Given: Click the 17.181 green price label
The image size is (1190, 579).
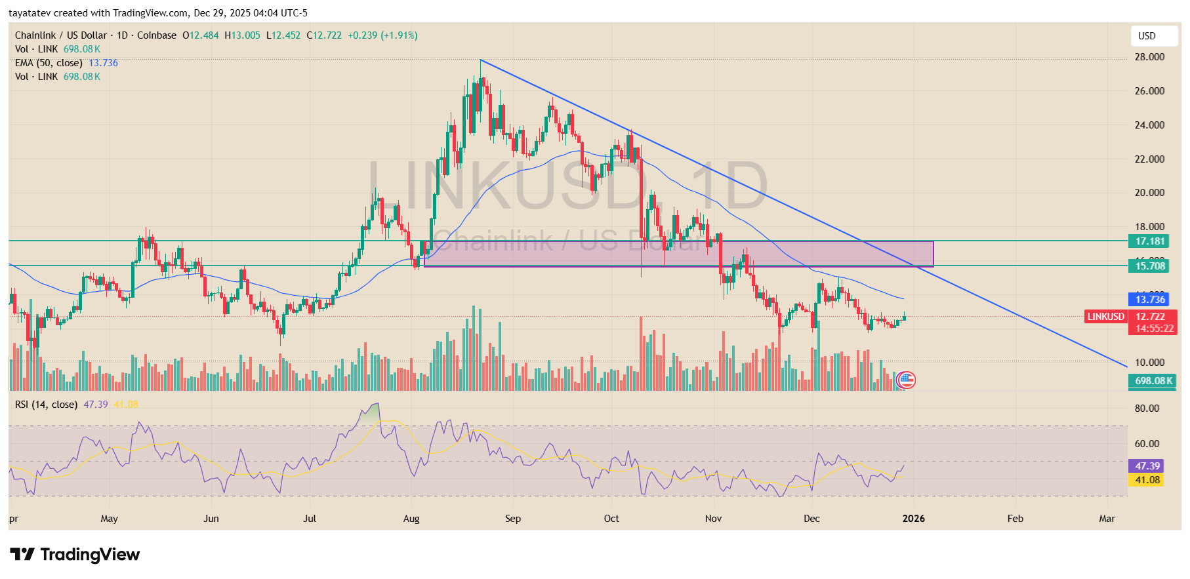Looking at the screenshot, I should [x=1150, y=241].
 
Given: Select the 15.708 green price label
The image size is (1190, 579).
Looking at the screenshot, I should [x=1150, y=266].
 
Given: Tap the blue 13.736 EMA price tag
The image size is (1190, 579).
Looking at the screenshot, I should [x=1150, y=300].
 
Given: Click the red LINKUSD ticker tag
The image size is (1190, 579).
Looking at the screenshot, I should [x=1105, y=317].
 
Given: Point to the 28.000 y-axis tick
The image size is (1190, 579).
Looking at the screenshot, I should [x=1149, y=57].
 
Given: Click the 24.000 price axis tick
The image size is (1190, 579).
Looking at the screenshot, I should [x=1149, y=125].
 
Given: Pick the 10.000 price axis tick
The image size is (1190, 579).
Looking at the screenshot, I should [x=1149, y=363].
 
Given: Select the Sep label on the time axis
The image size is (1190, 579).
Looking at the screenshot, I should [x=513, y=519].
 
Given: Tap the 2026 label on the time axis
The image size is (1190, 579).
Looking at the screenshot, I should [x=913, y=519].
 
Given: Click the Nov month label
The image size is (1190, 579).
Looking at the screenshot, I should [x=713, y=519].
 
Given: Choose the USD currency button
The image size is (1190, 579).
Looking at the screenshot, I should [x=1147, y=36].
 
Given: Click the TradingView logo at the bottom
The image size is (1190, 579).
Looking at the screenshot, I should [x=75, y=555].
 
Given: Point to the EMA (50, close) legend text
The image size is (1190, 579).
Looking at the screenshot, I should [x=49, y=63].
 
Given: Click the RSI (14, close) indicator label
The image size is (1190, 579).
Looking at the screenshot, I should [x=46, y=405].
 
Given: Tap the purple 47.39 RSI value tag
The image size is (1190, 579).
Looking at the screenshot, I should [x=1147, y=466].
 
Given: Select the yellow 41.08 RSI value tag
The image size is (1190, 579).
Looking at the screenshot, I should [x=1147, y=480].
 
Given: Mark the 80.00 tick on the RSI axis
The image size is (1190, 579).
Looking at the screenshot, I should [x=1147, y=409].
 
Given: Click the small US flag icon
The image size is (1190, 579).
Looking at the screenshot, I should [x=906, y=380].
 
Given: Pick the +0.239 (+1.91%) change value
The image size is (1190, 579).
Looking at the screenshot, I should [x=382, y=35].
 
